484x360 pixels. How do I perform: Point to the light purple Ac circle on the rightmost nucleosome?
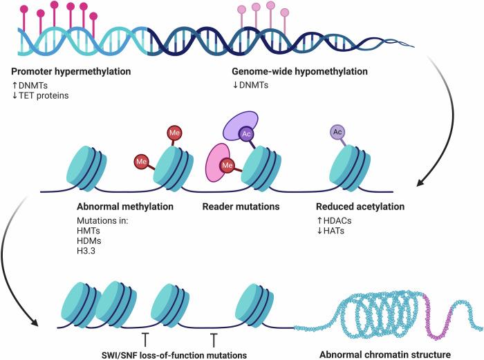pos(337,131)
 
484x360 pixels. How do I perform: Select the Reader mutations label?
pos(241,207)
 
